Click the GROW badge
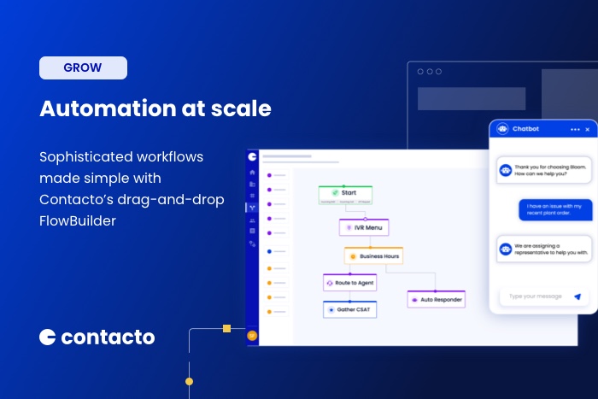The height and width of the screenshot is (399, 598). click(x=83, y=67)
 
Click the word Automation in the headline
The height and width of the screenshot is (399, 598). click(x=93, y=109)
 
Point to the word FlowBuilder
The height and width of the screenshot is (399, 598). click(x=77, y=221)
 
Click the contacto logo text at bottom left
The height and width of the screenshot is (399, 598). click(x=108, y=337)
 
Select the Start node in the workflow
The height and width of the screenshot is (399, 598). click(x=346, y=193)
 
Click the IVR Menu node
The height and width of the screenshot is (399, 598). click(x=365, y=227)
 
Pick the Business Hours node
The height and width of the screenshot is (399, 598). click(x=373, y=255)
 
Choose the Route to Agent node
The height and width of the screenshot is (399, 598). click(x=349, y=282)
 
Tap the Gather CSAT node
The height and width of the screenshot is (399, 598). click(x=349, y=309)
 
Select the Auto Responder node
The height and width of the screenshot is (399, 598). click(x=436, y=300)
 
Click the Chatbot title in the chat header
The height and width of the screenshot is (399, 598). click(x=525, y=129)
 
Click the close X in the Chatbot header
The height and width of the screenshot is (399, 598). click(x=588, y=129)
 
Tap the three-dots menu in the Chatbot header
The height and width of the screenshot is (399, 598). click(x=574, y=129)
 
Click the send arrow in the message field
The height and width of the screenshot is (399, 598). click(x=577, y=296)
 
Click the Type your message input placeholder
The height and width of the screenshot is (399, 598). click(x=536, y=296)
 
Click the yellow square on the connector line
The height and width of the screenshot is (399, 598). click(x=226, y=328)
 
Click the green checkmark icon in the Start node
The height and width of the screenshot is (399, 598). click(x=335, y=193)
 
